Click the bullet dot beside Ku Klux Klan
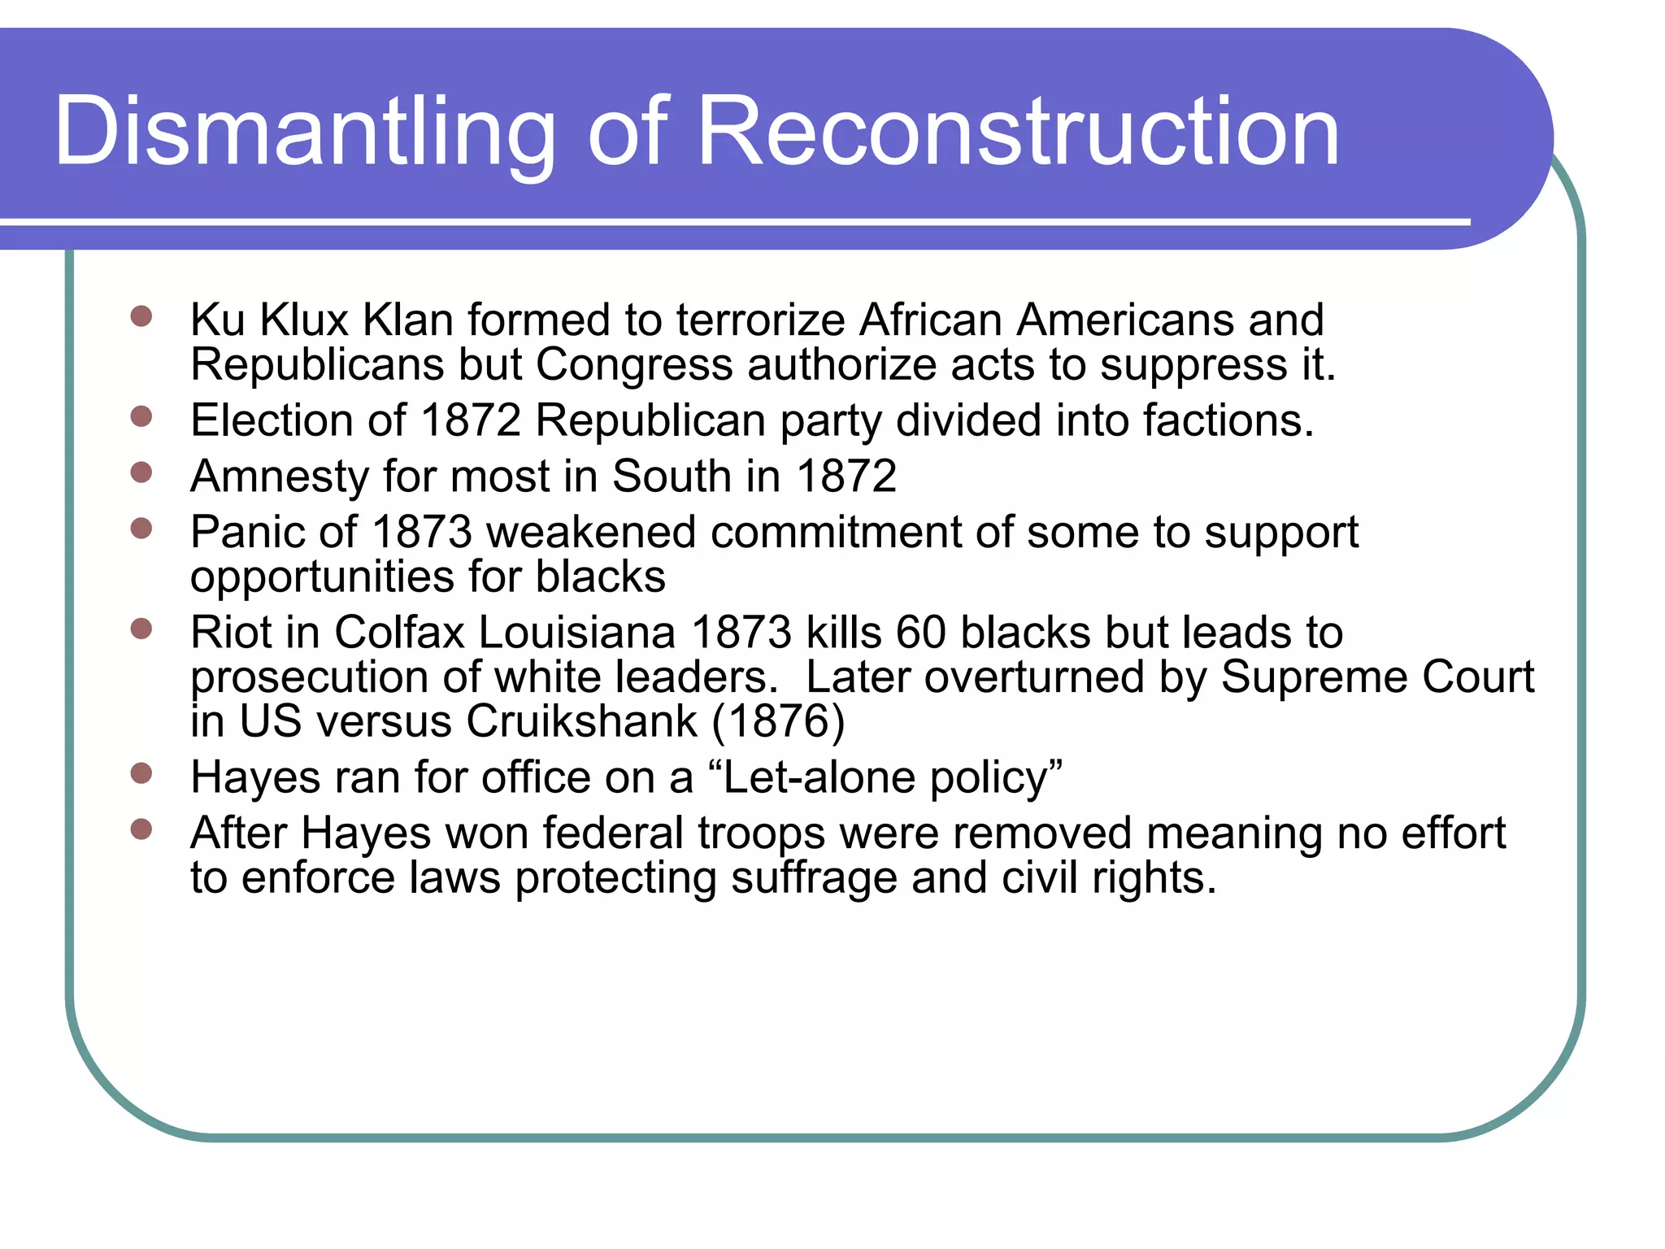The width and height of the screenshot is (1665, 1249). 141,316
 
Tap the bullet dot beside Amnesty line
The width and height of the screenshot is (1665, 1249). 141,472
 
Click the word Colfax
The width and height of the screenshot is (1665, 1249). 399,633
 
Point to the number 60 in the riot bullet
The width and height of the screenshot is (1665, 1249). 920,633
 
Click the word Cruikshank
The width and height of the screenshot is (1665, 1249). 581,721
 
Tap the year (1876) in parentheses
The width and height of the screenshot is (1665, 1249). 778,721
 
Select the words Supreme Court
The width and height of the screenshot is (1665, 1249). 1377,677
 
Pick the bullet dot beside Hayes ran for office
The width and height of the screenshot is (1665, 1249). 141,773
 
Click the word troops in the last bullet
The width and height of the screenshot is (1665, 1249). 761,833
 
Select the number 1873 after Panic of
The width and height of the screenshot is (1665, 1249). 421,533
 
